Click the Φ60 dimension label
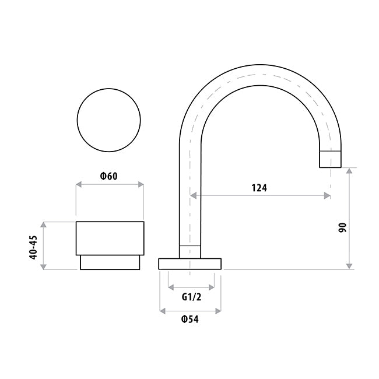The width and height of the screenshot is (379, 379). coord(109,176)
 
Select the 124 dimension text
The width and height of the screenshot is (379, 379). coord(259,188)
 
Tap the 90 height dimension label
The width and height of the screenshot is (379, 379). coord(342,227)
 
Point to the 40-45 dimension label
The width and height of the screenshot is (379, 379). coord(33,247)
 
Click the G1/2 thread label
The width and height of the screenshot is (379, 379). coord(191,297)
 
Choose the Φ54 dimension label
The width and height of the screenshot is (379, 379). coord(190,320)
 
